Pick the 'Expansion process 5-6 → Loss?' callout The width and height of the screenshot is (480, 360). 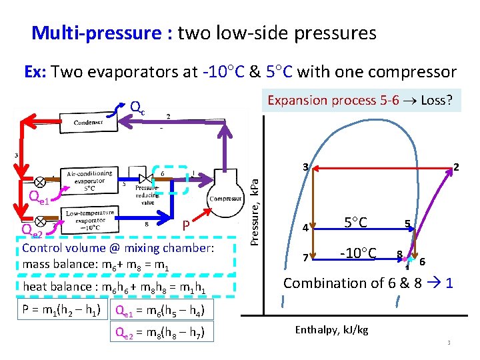tap(360, 101)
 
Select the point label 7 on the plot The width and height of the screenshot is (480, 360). tap(305, 257)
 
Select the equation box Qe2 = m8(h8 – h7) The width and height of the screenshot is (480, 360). tap(162, 331)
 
